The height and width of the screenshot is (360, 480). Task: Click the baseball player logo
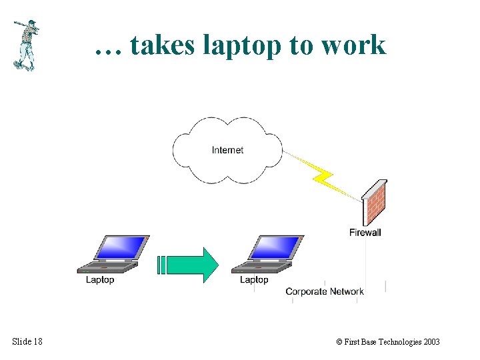coord(25,45)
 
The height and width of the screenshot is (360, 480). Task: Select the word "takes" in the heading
coord(160,45)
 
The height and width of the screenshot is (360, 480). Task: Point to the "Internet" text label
coord(227,150)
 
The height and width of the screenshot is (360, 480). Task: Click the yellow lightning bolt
coord(324,177)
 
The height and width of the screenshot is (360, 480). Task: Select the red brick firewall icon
coord(374,203)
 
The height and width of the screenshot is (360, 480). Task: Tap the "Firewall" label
coord(365,233)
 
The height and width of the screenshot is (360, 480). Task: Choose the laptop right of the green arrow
coord(266,254)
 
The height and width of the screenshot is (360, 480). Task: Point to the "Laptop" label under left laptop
coord(100,280)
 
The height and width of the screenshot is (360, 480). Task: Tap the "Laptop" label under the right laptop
coord(254,280)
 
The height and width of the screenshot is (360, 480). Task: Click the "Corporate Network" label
coord(325,291)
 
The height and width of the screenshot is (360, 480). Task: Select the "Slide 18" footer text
coord(27,342)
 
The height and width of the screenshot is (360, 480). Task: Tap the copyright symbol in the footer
coord(339,342)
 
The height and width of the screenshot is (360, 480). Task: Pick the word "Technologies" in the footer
coord(397,342)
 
